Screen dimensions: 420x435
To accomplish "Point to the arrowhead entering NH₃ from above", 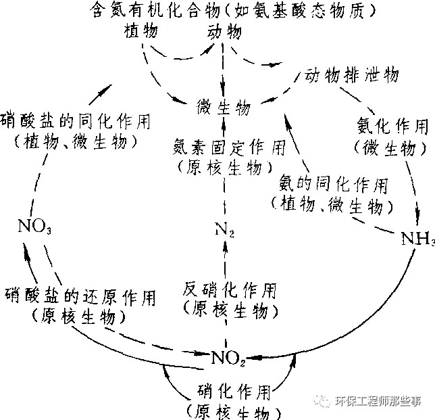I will (x=419, y=223).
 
